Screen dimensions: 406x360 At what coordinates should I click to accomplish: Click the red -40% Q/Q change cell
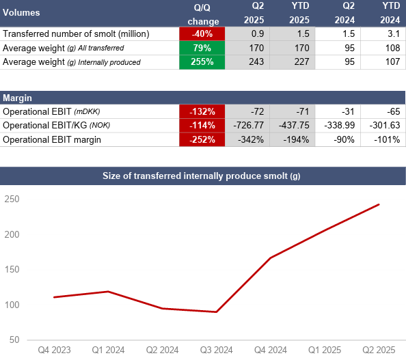(202, 33)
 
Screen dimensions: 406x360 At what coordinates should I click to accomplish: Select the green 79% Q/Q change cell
(202, 48)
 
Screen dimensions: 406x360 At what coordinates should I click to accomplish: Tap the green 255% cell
(202, 62)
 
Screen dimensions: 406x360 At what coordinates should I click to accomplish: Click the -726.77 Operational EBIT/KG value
(249, 125)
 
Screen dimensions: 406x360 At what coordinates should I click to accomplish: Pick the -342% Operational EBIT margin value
(251, 140)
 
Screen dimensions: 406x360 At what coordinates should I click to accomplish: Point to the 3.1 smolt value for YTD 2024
(394, 33)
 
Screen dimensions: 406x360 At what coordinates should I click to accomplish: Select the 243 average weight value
(256, 62)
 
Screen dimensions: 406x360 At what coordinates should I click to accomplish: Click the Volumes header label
(21, 13)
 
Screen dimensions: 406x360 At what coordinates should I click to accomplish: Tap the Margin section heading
(17, 98)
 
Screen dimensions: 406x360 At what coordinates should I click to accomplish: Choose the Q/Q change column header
(203, 14)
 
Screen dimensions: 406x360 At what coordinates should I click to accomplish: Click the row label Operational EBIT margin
(52, 140)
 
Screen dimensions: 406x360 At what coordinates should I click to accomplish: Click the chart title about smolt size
(202, 176)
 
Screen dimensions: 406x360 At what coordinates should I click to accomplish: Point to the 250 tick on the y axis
(12, 199)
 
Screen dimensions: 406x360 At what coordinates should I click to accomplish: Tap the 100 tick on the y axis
(12, 305)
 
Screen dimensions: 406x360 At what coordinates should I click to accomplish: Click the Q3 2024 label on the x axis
(217, 350)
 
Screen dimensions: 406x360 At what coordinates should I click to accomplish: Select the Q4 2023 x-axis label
(54, 350)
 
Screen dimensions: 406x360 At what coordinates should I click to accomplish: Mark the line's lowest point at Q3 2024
(217, 312)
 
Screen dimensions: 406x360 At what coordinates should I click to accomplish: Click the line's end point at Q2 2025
(379, 204)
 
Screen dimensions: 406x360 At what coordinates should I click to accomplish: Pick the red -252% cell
(202, 140)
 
